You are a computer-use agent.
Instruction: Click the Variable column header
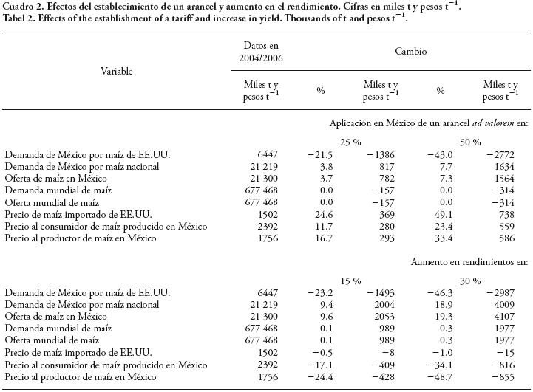(117, 72)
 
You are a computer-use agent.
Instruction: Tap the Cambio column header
(410, 52)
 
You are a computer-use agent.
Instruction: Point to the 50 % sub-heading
(468, 142)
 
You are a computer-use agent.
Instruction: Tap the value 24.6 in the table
(324, 213)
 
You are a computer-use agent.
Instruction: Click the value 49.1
(444, 213)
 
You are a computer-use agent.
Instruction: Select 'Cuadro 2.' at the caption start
(22, 7)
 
